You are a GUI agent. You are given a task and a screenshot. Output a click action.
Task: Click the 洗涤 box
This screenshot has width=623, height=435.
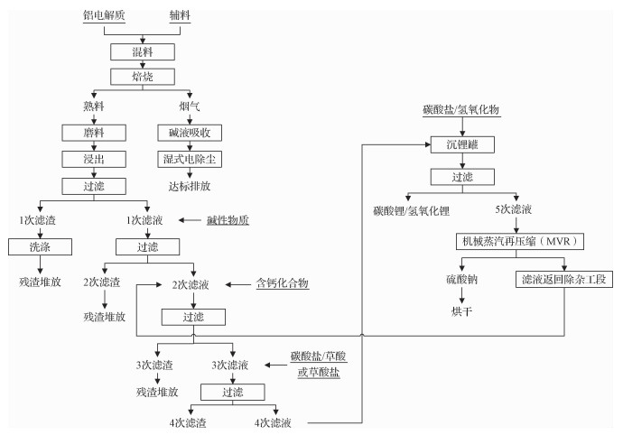coord(33,246)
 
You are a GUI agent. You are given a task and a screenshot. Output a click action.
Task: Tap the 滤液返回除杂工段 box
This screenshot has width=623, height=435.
coord(565,280)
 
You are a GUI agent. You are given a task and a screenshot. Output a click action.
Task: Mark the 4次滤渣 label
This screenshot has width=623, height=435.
coord(187,421)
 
